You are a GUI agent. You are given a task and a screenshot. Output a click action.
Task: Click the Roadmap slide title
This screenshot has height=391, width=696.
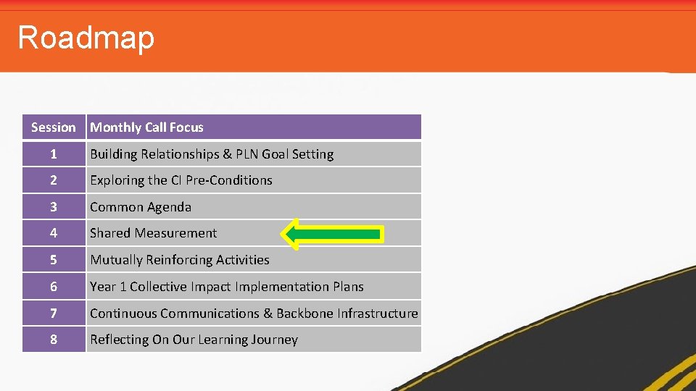pos(86,37)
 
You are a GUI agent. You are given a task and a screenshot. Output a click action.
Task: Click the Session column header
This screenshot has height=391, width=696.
pos(54,127)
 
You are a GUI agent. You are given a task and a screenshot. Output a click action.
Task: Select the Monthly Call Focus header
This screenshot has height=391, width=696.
pos(146,127)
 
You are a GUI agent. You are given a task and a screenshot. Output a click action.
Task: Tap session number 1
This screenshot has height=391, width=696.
pos(53,154)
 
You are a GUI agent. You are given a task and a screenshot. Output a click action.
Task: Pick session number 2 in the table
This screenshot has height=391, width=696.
pos(53,180)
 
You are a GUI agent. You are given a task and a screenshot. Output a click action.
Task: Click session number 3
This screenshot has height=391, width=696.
pos(53,207)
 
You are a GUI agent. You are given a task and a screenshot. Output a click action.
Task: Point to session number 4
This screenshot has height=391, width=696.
pos(53,233)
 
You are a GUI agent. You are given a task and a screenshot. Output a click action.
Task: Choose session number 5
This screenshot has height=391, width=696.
pos(53,260)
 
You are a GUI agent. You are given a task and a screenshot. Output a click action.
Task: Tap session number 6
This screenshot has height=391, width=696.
pos(53,287)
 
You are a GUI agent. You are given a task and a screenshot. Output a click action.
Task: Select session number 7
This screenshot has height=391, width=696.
pos(53,314)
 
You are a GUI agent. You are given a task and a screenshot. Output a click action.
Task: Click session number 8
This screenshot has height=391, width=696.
pos(53,340)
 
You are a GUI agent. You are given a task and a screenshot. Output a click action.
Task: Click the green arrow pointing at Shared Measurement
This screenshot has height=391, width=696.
pos(331,233)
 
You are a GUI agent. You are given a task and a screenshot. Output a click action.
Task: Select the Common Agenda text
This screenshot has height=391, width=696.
pos(141,207)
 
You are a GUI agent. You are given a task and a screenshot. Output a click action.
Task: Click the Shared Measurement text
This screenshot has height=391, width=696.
pos(153,233)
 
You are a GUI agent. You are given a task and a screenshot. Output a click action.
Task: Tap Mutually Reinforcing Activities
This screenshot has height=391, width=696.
pos(179,260)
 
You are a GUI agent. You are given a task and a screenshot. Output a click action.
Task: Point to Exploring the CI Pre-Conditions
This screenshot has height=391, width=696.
pos(181,180)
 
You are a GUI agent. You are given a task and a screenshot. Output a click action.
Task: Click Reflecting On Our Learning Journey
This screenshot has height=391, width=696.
pos(194,340)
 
